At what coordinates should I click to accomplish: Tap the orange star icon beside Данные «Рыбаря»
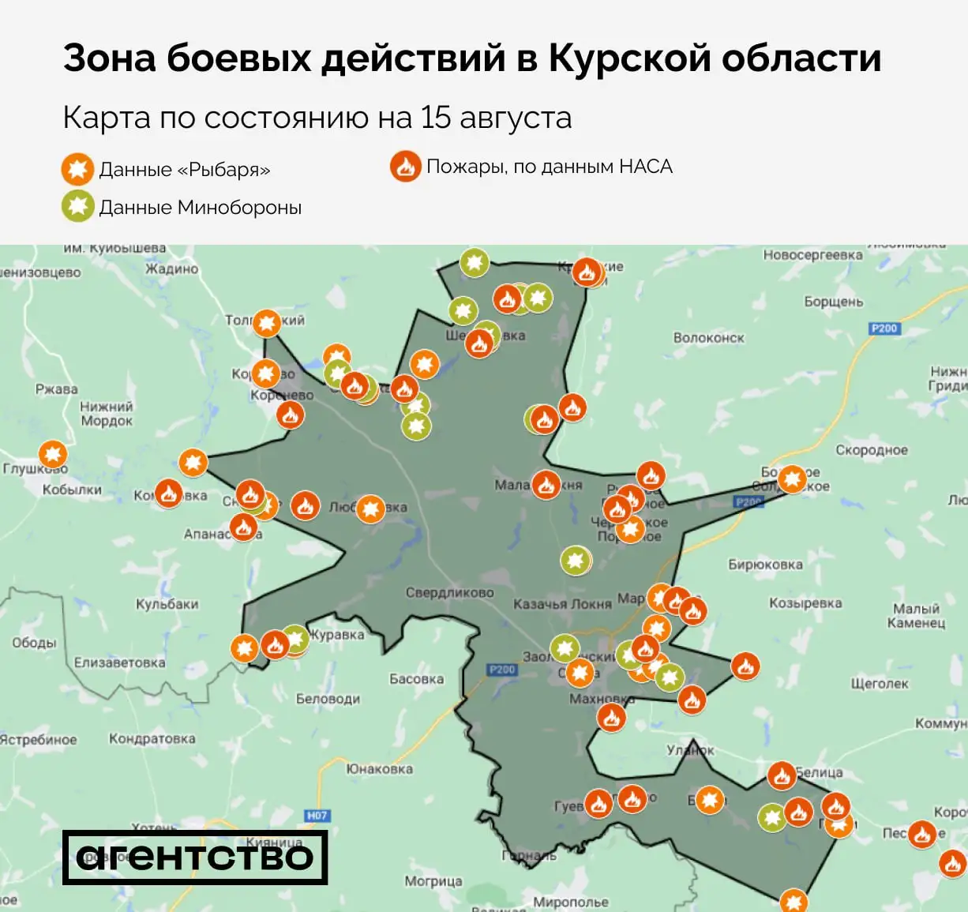pos(77,169)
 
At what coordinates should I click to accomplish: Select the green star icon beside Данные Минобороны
pos(77,206)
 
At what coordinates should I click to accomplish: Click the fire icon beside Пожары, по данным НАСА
pos(405,167)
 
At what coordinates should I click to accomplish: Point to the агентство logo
pos(194,857)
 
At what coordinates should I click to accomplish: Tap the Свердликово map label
pos(449,592)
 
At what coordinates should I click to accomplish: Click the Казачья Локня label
pos(562,604)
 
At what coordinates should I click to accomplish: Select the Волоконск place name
pos(708,338)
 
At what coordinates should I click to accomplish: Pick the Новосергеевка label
pos(812,255)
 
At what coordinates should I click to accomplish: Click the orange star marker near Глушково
pos(53,454)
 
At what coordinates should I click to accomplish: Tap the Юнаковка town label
pos(379,768)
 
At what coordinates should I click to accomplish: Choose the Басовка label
pos(416,678)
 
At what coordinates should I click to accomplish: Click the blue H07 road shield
pos(317,815)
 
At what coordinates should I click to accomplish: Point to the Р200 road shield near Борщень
pos(884,328)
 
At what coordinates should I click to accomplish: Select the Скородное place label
pos(872,450)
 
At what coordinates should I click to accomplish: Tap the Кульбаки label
pos(167,604)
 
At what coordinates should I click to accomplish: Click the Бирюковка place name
pos(765,565)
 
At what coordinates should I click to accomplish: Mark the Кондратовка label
pos(152,739)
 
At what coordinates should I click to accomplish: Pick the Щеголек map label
pos(880,684)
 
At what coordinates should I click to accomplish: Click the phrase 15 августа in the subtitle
pos(496,118)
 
